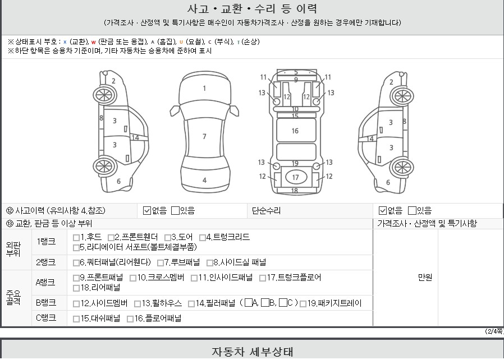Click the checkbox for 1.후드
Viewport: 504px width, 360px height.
[x=76, y=238]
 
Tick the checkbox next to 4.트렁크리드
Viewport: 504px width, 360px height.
[x=203, y=238]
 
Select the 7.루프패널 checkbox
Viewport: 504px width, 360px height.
[x=161, y=263]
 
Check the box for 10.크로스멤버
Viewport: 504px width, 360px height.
[x=133, y=278]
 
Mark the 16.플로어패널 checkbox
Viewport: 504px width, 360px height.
[x=130, y=319]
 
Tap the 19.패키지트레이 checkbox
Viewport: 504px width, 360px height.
[x=303, y=304]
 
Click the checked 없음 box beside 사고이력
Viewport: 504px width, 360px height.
[x=147, y=211]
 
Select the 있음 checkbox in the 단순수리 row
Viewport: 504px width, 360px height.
[x=412, y=211]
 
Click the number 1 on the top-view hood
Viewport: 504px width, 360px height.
[x=204, y=88]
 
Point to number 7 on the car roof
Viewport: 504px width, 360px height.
[x=204, y=137]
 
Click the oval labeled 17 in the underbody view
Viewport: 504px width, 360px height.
[x=296, y=177]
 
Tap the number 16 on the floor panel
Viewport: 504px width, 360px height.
[x=295, y=131]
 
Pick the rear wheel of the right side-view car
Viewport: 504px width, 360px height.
[x=402, y=168]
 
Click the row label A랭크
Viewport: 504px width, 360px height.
[x=45, y=283]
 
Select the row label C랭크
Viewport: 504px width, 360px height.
[x=46, y=318]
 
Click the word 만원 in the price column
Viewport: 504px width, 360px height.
[x=425, y=277]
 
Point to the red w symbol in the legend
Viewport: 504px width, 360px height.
[x=94, y=42]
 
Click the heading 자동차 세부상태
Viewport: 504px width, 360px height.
[x=253, y=352]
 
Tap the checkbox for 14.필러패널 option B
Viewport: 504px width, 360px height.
[x=265, y=302]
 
